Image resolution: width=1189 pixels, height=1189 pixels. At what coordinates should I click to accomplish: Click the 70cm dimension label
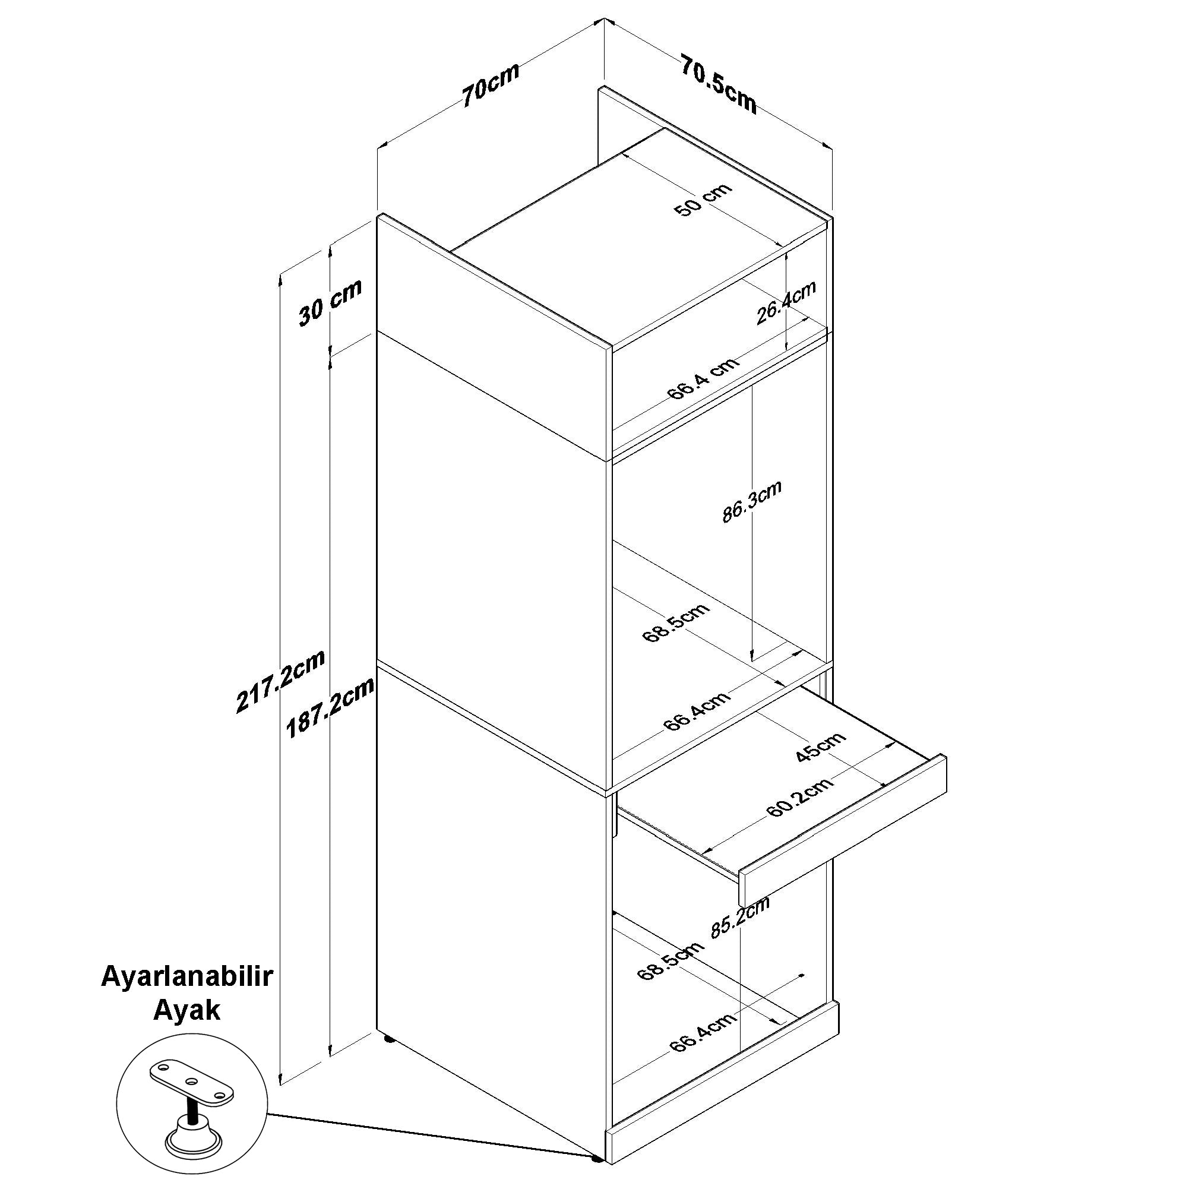pos(491,84)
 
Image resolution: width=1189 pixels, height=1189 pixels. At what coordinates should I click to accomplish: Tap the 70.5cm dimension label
pos(718,83)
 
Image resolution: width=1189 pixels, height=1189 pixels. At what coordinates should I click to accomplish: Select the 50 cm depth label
pos(703,200)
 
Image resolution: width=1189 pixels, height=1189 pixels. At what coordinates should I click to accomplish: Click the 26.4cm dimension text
pos(786,302)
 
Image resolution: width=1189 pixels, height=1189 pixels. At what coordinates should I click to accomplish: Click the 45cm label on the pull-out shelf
pos(820,747)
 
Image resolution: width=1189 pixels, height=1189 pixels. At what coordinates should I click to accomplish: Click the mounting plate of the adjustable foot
pos(192,1083)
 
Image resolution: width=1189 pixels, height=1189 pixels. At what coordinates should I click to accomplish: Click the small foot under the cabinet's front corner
pos(596,1175)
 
